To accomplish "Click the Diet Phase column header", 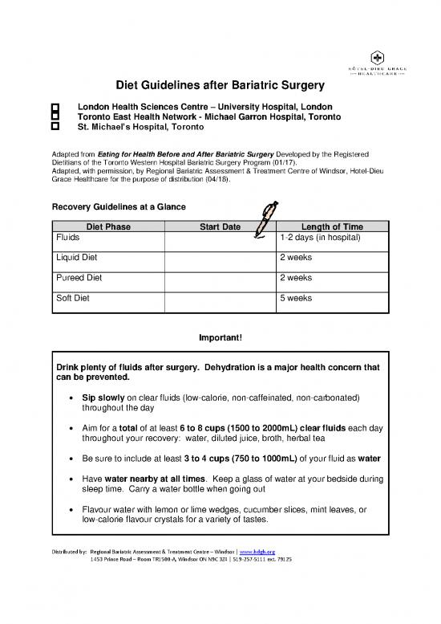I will [x=109, y=227].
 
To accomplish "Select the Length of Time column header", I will [x=330, y=227].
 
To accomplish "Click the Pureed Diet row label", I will [x=79, y=277].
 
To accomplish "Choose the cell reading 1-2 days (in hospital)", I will [x=320, y=239].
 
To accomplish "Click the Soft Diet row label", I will [x=73, y=297].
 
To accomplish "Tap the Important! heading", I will [x=220, y=338].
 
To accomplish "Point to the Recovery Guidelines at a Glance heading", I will [x=119, y=207].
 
